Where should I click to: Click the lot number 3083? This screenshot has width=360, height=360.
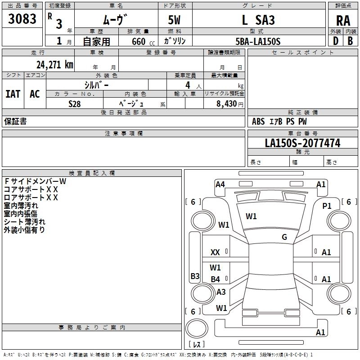pyautogui.click(x=22, y=19)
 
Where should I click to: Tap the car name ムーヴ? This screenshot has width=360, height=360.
pyautogui.click(x=116, y=20)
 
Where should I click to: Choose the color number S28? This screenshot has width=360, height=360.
pyautogui.click(x=74, y=103)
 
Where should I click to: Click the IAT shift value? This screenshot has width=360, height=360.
pyautogui.click(x=13, y=94)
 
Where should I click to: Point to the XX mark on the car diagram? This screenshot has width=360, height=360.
pyautogui.click(x=215, y=252)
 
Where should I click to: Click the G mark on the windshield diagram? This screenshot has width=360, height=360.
pyautogui.click(x=284, y=237)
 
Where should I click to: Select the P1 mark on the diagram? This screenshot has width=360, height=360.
pyautogui.click(x=327, y=206)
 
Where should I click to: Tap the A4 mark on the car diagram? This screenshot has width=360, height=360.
pyautogui.click(x=220, y=184)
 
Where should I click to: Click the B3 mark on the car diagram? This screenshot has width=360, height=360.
pyautogui.click(x=195, y=276)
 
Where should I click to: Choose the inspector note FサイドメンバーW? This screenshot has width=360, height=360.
pyautogui.click(x=35, y=181)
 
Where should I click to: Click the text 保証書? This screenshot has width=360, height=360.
pyautogui.click(x=15, y=121)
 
